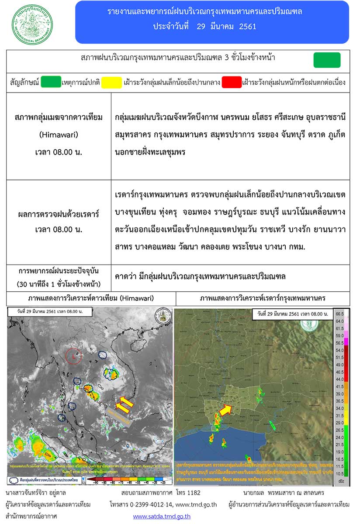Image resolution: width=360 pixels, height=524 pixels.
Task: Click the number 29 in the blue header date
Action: click(x=201, y=26)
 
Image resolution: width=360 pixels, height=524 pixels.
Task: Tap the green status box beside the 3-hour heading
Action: click(x=327, y=60)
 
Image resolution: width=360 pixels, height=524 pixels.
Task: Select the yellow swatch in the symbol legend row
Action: click(x=111, y=82)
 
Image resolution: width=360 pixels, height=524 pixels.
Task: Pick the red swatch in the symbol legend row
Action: click(x=232, y=82)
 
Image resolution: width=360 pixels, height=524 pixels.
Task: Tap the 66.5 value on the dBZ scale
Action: click(x=340, y=314)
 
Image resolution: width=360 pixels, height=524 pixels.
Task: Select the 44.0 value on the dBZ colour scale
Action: click(x=340, y=379)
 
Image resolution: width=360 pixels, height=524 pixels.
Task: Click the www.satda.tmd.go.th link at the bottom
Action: click(x=162, y=516)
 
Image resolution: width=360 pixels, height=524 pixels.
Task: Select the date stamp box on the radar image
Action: click(x=292, y=314)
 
